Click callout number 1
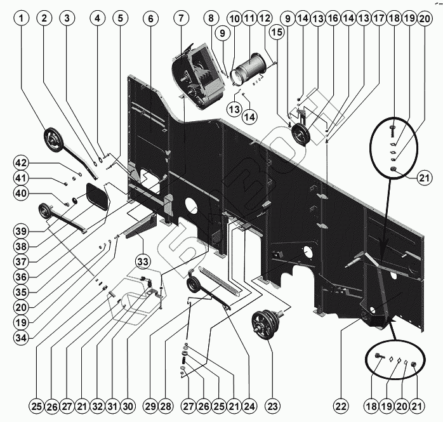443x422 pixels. [x=22, y=18]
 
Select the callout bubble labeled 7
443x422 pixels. [x=181, y=18]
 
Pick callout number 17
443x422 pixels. [x=378, y=18]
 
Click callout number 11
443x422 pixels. [x=248, y=18]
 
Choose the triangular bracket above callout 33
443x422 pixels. [x=142, y=225]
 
